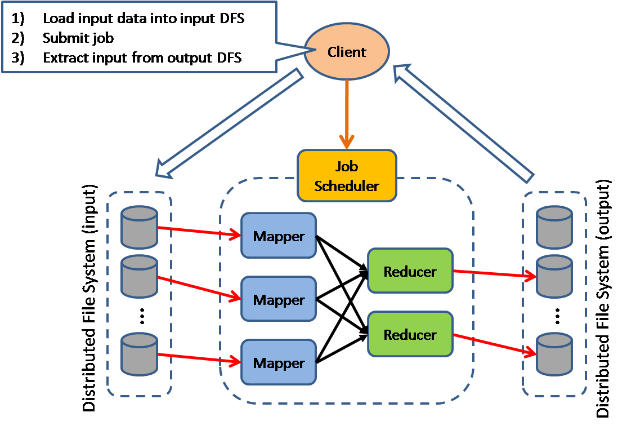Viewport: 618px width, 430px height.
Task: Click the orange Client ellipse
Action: (347, 52)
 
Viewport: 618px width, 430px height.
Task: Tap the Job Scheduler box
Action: (347, 176)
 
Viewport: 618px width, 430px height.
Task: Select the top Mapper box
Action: (278, 236)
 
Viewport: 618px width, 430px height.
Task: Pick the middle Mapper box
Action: (278, 299)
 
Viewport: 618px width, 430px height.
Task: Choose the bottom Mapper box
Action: (278, 363)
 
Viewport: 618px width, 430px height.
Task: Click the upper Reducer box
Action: (410, 271)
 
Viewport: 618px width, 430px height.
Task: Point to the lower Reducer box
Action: (410, 334)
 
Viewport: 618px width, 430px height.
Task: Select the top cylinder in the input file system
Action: (139, 227)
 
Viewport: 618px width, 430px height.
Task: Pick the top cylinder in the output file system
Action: (554, 227)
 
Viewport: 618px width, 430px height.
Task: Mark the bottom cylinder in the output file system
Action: (554, 353)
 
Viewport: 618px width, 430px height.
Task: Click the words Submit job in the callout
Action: (78, 38)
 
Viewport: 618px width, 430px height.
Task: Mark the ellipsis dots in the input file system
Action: (142, 317)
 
